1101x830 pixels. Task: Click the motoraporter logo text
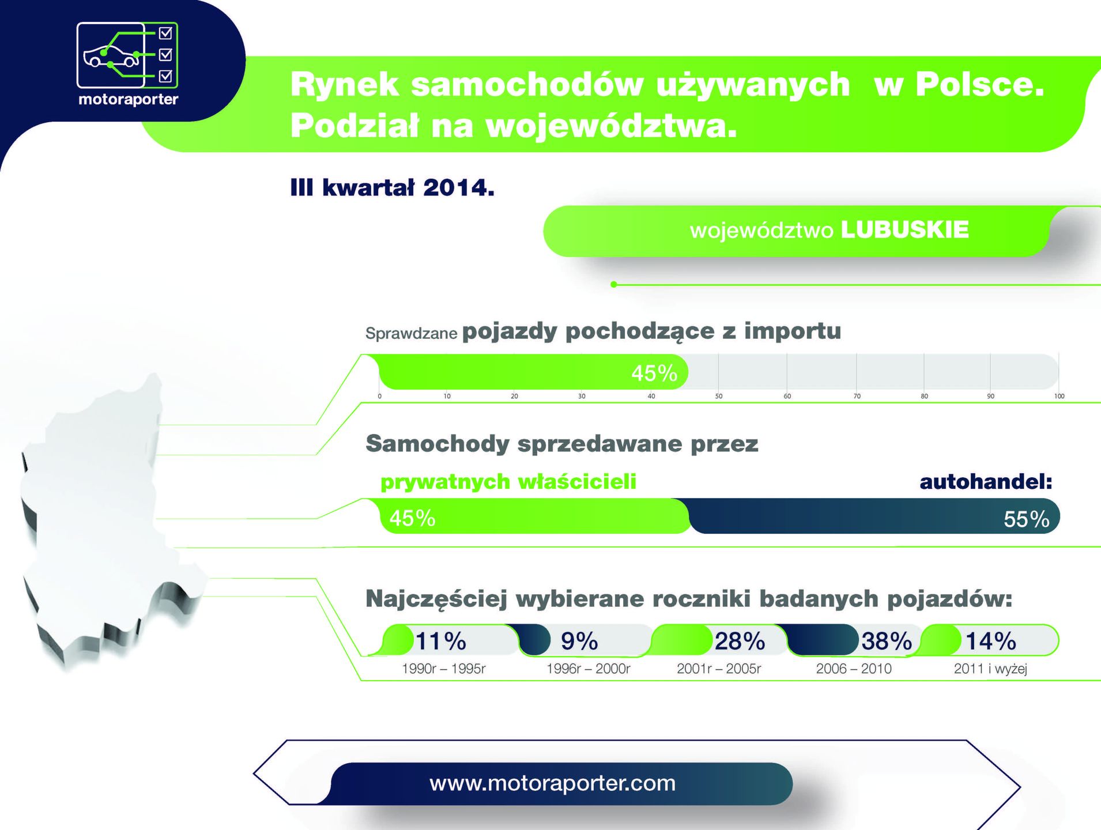(x=128, y=99)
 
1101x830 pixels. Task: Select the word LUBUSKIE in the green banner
(x=904, y=229)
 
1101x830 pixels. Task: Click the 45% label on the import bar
(x=654, y=373)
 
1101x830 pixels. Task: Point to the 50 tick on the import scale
(x=719, y=397)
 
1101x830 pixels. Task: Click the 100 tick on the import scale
(x=1059, y=397)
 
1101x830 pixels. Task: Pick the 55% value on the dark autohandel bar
(x=1027, y=519)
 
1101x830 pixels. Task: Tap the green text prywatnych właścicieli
(x=508, y=482)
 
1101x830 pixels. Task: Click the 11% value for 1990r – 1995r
(x=441, y=641)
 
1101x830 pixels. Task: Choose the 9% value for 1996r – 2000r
(x=579, y=641)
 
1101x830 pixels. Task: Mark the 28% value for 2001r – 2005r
(x=740, y=641)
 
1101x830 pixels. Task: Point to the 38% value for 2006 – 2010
(x=887, y=641)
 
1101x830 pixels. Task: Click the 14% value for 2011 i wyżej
(x=991, y=641)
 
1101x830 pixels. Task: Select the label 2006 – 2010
(x=854, y=669)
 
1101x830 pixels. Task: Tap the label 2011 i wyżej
(x=990, y=669)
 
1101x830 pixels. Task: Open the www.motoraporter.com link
(x=552, y=783)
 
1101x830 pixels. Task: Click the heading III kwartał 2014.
(x=392, y=187)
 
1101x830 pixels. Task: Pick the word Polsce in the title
(x=980, y=84)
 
